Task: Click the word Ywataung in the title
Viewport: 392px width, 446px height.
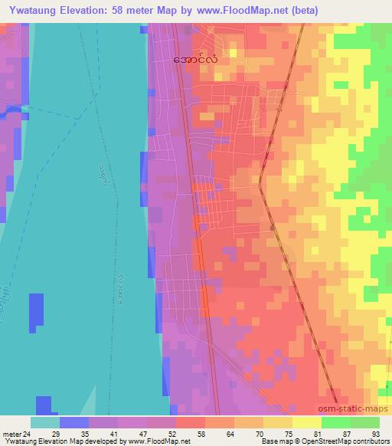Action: point(31,10)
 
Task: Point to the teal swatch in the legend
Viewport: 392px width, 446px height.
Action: point(44,422)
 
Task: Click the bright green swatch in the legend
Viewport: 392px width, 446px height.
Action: point(336,422)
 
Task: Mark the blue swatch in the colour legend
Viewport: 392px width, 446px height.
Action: point(73,422)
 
